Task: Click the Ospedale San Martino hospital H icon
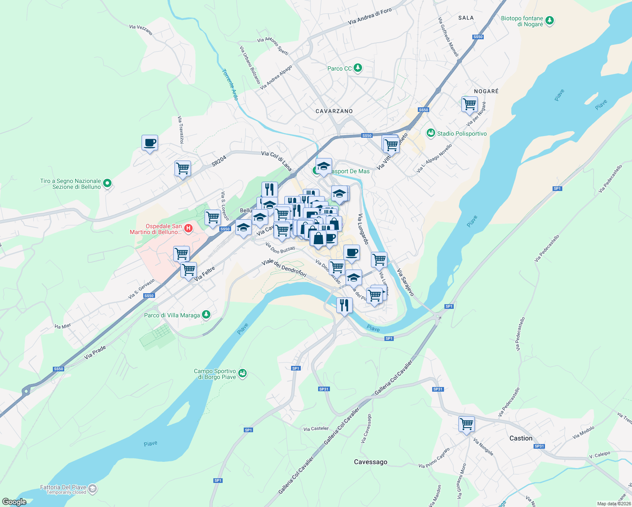coord(188,229)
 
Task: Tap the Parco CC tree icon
coord(358,68)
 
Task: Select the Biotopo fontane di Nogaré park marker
coord(549,21)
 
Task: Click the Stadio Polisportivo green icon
coord(430,134)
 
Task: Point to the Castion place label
coord(520,438)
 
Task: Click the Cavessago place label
coord(370,462)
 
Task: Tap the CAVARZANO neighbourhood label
coord(334,111)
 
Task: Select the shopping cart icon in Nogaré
coord(470,104)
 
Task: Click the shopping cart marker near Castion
coord(466,424)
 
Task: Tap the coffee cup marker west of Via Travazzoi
coord(150,143)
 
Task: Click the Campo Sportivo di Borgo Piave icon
coord(242,373)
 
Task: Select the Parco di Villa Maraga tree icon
coord(206,315)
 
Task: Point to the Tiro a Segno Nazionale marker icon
coord(107,183)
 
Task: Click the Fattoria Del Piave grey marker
coord(93,489)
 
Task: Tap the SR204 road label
coord(219,161)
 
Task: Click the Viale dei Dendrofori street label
coord(284,268)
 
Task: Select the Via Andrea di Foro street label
coord(370,16)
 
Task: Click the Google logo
coord(14,502)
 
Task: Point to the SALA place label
coord(466,18)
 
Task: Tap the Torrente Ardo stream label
coord(230,84)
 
